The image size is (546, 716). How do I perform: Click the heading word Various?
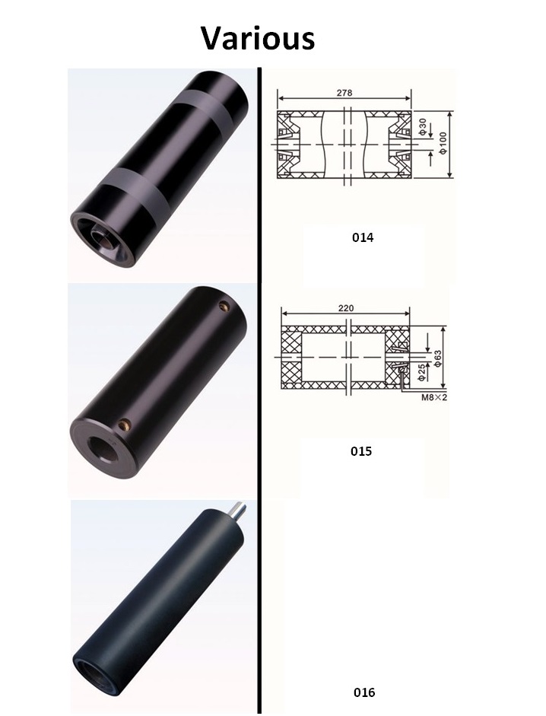(258, 37)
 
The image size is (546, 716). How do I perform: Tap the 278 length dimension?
(343, 92)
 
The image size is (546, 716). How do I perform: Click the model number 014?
(363, 237)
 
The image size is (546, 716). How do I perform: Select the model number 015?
(361, 451)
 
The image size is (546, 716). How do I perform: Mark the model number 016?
(364, 692)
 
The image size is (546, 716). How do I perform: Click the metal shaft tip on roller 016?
(237, 509)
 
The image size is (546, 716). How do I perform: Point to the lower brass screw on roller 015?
(127, 423)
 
